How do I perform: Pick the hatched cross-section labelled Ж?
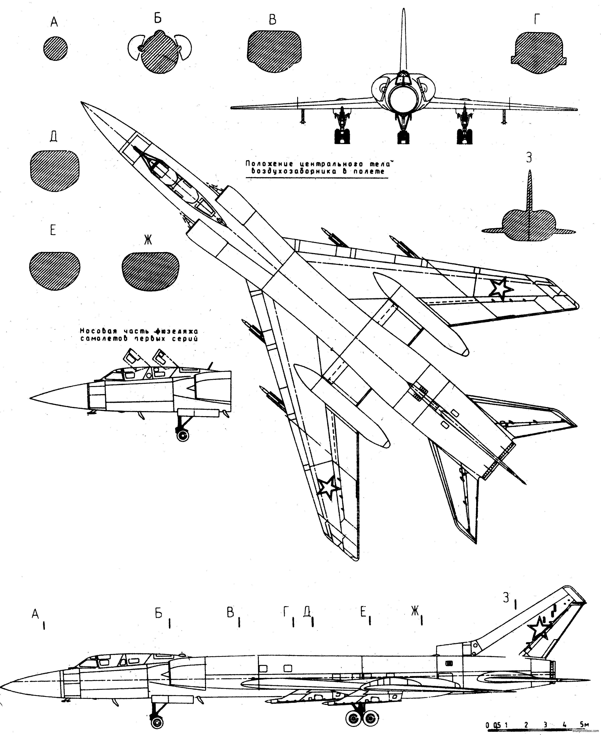point(151,271)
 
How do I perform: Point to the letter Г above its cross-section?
point(536,20)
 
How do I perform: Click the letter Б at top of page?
point(158,18)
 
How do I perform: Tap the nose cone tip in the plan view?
point(82,103)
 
